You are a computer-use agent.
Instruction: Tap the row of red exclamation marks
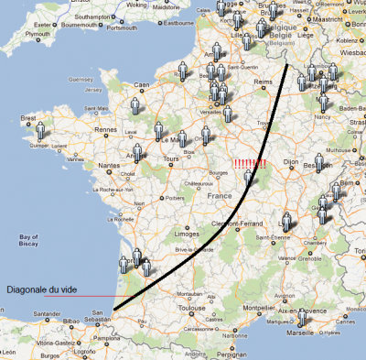click(x=248, y=165)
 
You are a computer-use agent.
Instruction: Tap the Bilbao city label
click(x=77, y=322)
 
